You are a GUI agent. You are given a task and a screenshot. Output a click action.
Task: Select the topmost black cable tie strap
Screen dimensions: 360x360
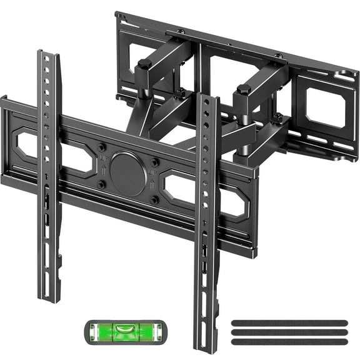click(289, 322)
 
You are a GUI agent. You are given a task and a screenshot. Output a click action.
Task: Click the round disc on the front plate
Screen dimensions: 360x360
click(127, 172)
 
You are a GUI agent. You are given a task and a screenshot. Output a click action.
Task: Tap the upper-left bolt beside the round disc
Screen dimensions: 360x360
click(102, 147)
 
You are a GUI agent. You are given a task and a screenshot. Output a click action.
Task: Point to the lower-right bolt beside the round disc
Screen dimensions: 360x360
click(154, 200)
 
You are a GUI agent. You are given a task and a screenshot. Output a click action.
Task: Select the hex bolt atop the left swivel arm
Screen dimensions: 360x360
click(144, 64)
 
